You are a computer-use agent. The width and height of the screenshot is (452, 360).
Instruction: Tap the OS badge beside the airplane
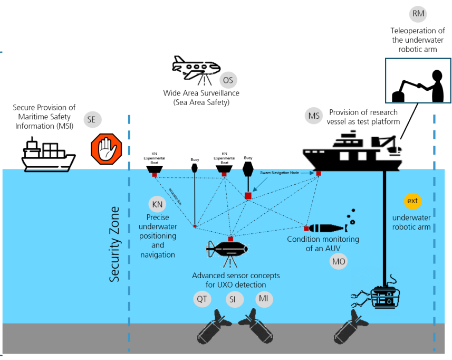(228, 81)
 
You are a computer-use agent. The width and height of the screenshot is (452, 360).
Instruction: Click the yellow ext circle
(412, 201)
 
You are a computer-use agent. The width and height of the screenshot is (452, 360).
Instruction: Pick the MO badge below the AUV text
(338, 261)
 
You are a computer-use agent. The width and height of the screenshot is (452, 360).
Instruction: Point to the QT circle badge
(202, 299)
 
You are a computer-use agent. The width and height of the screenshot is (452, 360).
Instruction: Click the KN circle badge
(157, 204)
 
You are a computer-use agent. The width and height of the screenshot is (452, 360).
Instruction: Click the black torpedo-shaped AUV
(326, 228)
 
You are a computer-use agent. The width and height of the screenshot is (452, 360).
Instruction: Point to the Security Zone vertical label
(116, 243)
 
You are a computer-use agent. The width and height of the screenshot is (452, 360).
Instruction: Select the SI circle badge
(233, 299)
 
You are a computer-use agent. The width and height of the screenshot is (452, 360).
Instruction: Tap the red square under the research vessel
(319, 173)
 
